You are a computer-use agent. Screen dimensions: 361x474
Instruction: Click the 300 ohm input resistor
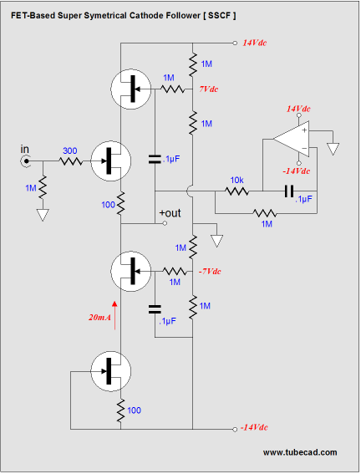(71, 161)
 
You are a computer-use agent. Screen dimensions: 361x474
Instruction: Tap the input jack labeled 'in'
(26, 161)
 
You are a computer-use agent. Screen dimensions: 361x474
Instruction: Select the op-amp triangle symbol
(291, 139)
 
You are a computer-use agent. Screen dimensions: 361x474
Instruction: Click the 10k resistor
(236, 191)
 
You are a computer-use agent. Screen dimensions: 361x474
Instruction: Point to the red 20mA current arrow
(114, 315)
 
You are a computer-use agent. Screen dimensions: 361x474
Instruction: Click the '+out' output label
(170, 213)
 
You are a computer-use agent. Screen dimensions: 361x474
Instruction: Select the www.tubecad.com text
(300, 452)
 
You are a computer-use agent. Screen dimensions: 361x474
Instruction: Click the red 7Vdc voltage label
(208, 89)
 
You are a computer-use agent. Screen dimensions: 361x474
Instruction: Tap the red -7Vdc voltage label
(210, 272)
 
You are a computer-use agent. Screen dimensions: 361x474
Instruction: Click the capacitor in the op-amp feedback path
(289, 191)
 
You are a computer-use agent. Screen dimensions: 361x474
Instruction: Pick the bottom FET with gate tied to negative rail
(110, 371)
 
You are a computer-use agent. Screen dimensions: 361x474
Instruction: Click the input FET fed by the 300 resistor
(110, 161)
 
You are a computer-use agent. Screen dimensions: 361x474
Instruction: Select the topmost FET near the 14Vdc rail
(131, 89)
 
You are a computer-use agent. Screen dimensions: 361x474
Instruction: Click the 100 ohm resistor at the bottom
(120, 410)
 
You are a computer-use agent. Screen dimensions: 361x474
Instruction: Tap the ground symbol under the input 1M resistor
(43, 215)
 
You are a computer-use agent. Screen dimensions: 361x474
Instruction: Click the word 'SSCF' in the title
(219, 15)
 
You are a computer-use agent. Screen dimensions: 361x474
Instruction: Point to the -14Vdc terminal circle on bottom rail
(235, 429)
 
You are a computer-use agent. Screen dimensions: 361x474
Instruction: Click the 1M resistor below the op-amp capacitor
(265, 213)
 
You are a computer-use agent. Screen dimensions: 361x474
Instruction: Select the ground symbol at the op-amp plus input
(333, 149)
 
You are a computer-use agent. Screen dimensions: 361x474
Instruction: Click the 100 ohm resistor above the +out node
(120, 203)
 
